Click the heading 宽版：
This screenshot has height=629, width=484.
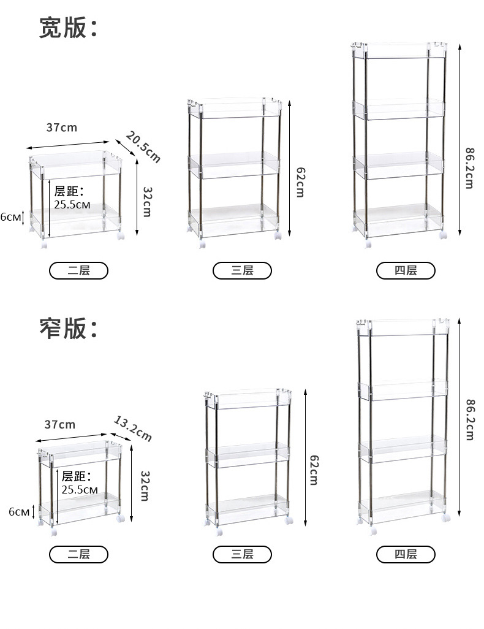point(68,28)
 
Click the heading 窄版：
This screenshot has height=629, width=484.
point(68,329)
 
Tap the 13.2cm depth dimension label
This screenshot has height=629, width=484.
point(133,428)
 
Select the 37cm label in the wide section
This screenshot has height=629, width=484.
point(62,128)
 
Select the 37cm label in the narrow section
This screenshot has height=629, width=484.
point(60,424)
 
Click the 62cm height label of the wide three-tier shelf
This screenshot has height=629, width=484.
point(300,181)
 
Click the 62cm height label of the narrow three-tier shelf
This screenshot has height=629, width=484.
point(313,470)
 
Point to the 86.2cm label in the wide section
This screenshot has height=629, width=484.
point(469,167)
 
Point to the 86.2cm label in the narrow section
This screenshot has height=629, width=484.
point(469,419)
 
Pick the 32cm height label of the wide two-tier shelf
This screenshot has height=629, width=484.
point(146,202)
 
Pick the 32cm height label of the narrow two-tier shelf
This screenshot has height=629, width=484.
point(145,486)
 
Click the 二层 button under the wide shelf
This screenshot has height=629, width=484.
point(78,270)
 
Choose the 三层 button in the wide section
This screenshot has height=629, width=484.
point(242,270)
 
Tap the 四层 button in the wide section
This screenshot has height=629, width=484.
point(406,270)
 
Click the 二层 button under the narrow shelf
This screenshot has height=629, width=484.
point(78,554)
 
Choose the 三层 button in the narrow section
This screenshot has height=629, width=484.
point(242,554)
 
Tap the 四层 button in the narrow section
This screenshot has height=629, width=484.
point(406,554)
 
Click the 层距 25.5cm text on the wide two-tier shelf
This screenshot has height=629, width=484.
point(72,198)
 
